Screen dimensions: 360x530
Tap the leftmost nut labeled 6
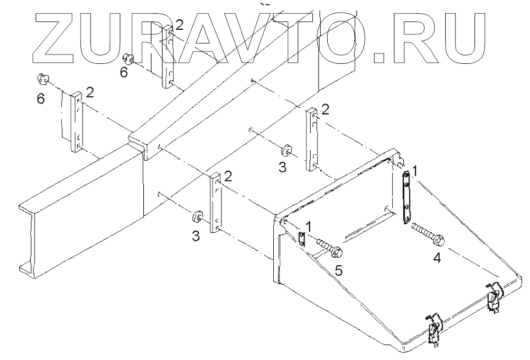41,78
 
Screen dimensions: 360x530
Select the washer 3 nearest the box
285,150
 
